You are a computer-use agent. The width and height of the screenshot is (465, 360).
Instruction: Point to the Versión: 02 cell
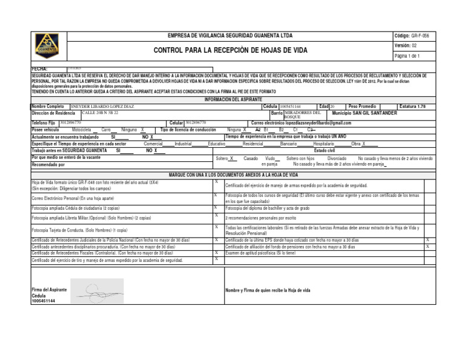406,45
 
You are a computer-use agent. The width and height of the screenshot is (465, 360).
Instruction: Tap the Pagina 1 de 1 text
411,56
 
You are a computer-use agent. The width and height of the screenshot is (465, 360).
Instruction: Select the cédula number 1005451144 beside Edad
294,106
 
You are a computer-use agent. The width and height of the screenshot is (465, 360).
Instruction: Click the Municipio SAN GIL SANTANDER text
364,113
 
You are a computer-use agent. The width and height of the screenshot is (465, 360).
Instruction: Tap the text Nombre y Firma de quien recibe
268,291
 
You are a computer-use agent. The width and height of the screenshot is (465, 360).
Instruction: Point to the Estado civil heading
328,150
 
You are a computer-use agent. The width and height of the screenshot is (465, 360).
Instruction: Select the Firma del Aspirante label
49,290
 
